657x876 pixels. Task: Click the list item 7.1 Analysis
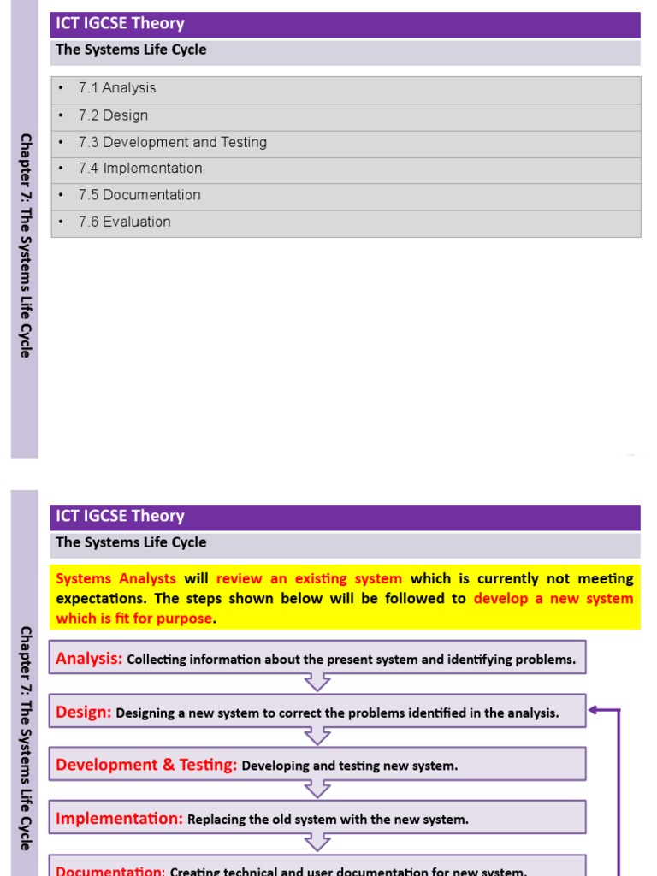coord(117,88)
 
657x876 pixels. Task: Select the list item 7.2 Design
coord(113,115)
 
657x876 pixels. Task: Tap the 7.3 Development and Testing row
coord(172,142)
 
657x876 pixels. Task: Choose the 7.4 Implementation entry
coord(140,169)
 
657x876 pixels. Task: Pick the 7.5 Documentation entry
coord(139,195)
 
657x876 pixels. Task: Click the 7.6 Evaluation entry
coord(124,222)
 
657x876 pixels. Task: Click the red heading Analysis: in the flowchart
coord(89,659)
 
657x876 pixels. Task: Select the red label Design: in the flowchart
coord(83,712)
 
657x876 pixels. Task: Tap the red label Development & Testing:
coord(146,765)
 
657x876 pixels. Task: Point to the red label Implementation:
coord(119,819)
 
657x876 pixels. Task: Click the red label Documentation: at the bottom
coord(110,870)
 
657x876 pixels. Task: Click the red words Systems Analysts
coord(115,578)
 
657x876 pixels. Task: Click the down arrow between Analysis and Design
coord(317,682)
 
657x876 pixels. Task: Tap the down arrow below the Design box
coord(317,736)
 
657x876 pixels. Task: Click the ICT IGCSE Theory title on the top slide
coord(120,24)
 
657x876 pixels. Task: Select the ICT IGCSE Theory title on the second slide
coord(120,517)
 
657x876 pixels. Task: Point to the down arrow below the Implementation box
coord(317,843)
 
